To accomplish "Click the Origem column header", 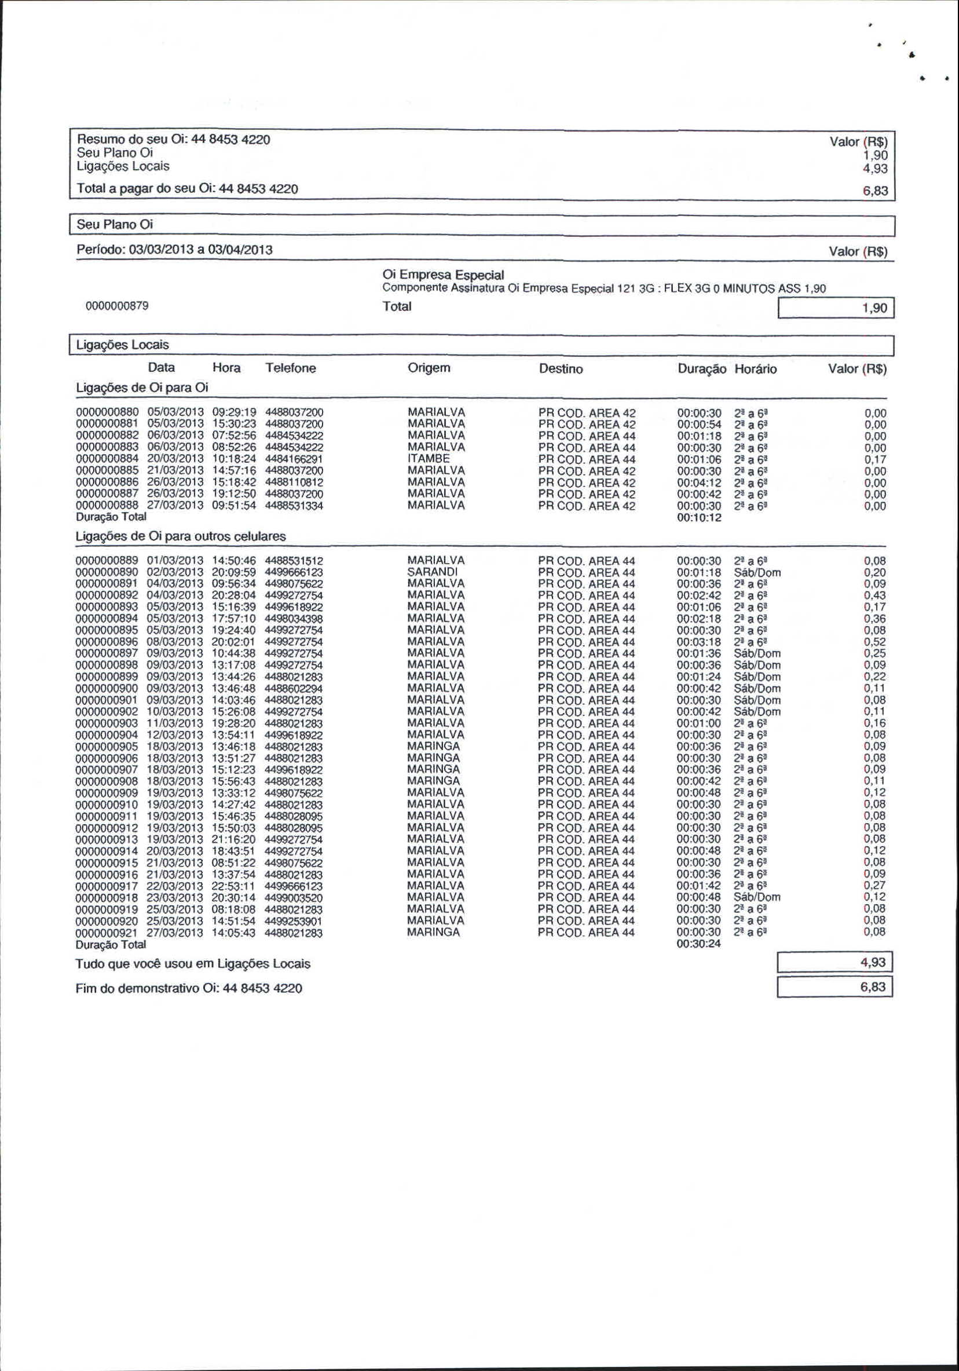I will pos(429,368).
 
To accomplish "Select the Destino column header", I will pos(561,368).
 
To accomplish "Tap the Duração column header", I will pos(702,368).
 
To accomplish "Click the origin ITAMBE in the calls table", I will pos(429,459).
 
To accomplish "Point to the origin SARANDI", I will pos(433,572).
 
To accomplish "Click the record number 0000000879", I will pos(117,306).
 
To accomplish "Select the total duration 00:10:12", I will pos(699,518).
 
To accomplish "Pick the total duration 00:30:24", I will pos(698,944).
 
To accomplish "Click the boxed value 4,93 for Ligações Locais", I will pos(835,962).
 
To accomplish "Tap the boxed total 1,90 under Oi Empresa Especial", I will pos(835,308).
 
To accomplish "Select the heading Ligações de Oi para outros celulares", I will pos(180,536).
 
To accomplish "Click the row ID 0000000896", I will pos(107,642).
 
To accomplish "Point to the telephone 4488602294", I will pos(293,688).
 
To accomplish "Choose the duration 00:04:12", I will pos(699,482).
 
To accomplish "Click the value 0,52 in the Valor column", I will pos(875,642).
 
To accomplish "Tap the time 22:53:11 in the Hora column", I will pos(233,886).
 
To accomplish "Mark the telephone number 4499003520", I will pos(293,897).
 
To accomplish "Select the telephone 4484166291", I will pos(294,459).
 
